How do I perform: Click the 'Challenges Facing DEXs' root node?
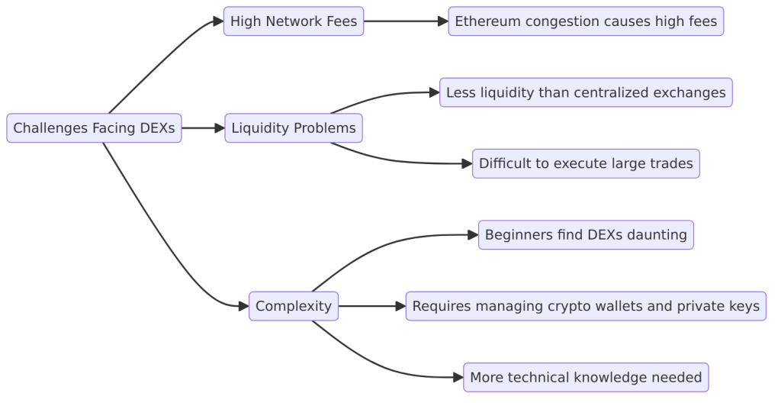click(x=94, y=128)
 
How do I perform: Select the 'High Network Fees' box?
click(x=294, y=21)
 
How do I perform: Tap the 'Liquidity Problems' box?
click(x=294, y=128)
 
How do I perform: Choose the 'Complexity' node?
click(x=294, y=306)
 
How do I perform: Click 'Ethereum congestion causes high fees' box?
click(x=586, y=21)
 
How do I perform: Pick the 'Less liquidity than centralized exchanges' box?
click(x=586, y=92)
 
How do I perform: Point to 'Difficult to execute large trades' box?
click(x=586, y=163)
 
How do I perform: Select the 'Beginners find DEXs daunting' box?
click(x=586, y=234)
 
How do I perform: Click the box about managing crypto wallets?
click(x=586, y=306)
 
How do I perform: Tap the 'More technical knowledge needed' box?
click(x=586, y=377)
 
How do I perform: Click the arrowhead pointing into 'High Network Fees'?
click(x=217, y=22)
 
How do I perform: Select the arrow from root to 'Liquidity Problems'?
click(x=202, y=128)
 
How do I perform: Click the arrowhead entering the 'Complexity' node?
click(x=243, y=306)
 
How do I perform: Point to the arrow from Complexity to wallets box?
click(x=371, y=306)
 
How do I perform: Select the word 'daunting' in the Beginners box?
click(x=658, y=234)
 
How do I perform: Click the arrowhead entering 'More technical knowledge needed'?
click(x=458, y=377)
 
